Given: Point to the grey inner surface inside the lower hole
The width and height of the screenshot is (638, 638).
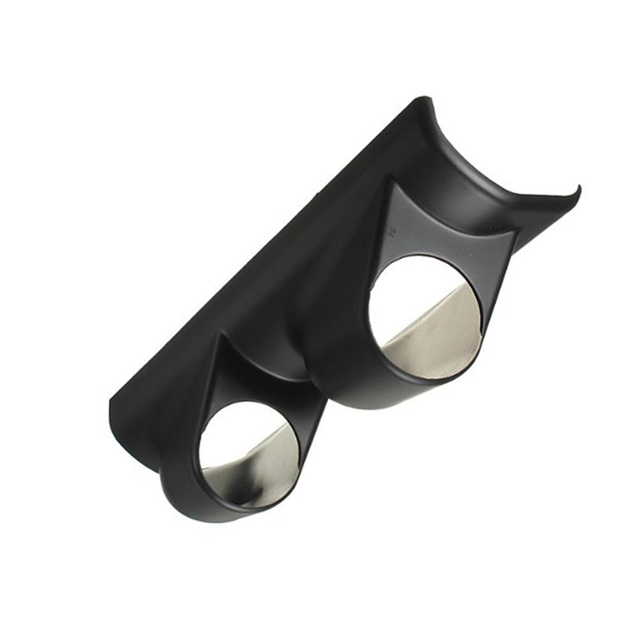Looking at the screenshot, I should tap(262, 469).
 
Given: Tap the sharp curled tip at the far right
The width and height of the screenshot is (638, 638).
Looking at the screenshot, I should tap(578, 188).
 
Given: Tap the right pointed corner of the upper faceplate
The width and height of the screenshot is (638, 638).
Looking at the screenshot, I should tap(516, 231).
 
